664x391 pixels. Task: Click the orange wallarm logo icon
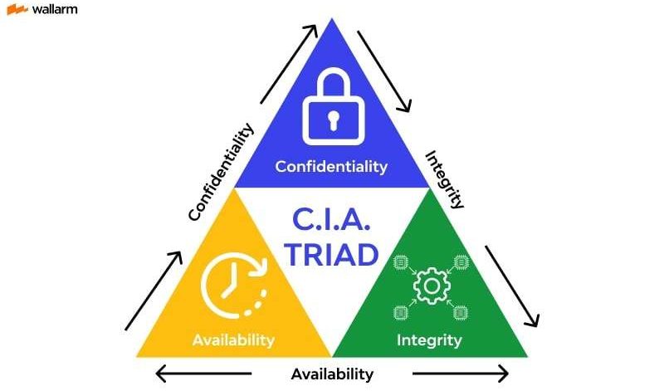click(x=17, y=10)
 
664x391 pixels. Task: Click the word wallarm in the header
click(x=54, y=10)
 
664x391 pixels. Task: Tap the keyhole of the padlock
click(x=332, y=121)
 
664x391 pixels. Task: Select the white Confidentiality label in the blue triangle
click(x=331, y=167)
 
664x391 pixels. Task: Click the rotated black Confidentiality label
click(x=220, y=173)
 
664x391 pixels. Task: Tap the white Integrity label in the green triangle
click(x=429, y=340)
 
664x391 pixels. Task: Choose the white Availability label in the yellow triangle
click(x=233, y=340)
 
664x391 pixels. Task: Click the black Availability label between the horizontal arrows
click(x=332, y=374)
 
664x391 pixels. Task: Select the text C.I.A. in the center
click(x=332, y=220)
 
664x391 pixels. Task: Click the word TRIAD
click(x=332, y=255)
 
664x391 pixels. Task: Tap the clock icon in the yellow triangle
click(x=233, y=285)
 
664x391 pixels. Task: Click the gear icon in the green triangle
click(x=430, y=286)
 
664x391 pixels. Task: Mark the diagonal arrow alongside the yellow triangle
click(x=154, y=291)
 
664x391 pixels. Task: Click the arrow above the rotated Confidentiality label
click(x=289, y=62)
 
